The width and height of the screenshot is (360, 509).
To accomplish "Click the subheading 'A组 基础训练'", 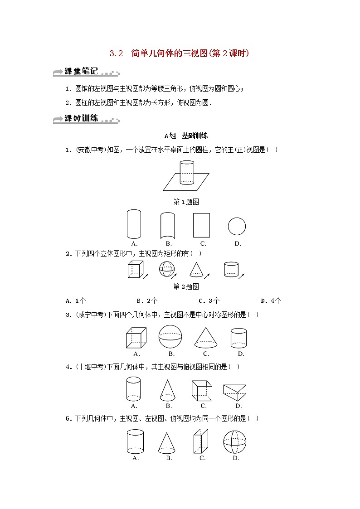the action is point(186,136).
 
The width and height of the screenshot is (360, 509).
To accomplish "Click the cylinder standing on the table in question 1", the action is point(186,172).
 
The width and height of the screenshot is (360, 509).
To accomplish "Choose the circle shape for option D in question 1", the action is point(237,226).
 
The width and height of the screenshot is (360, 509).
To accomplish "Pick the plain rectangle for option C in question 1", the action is point(201,225).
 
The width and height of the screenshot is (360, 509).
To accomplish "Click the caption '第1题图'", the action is point(186,202).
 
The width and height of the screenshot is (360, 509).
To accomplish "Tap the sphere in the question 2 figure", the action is point(166,269).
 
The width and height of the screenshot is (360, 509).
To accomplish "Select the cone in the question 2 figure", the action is point(195,270).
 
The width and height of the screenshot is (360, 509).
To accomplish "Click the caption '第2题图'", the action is point(186,286).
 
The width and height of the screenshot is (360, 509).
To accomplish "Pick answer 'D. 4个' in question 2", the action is point(271,301).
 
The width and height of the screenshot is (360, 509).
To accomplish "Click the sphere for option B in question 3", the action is point(170,337).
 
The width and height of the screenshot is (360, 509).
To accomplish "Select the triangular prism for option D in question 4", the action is point(234,392).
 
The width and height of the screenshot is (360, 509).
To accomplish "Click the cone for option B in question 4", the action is point(168,390).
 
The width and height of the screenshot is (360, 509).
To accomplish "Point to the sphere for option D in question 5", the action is point(235,442).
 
